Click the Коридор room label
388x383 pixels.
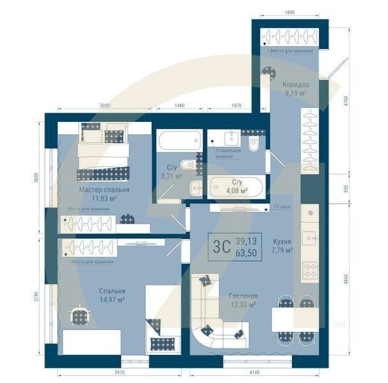[x=295, y=84]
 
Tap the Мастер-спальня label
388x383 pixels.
[x=105, y=190]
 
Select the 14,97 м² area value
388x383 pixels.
[x=112, y=299]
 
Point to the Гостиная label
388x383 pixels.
[x=243, y=296]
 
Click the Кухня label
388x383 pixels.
[x=282, y=242]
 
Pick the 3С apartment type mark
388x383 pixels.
[x=221, y=246]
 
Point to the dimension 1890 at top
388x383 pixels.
[x=289, y=12]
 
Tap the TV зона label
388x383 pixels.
[x=281, y=207]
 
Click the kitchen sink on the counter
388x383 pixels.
[x=311, y=237]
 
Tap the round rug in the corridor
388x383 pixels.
[x=269, y=73]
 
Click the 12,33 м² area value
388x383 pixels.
[x=243, y=305]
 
